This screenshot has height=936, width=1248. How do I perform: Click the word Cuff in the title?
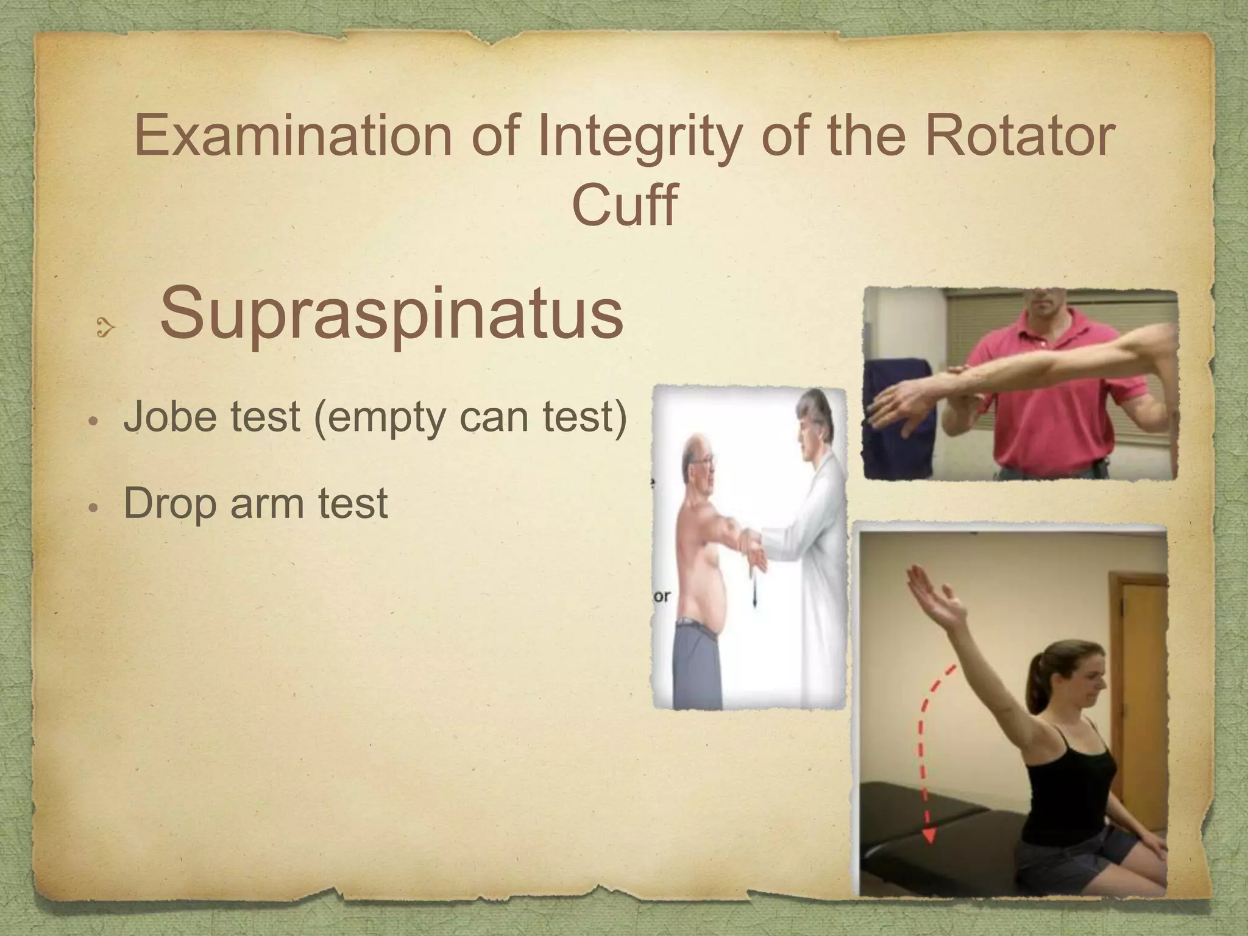point(624,204)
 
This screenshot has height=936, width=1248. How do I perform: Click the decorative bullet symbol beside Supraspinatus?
point(105,329)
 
